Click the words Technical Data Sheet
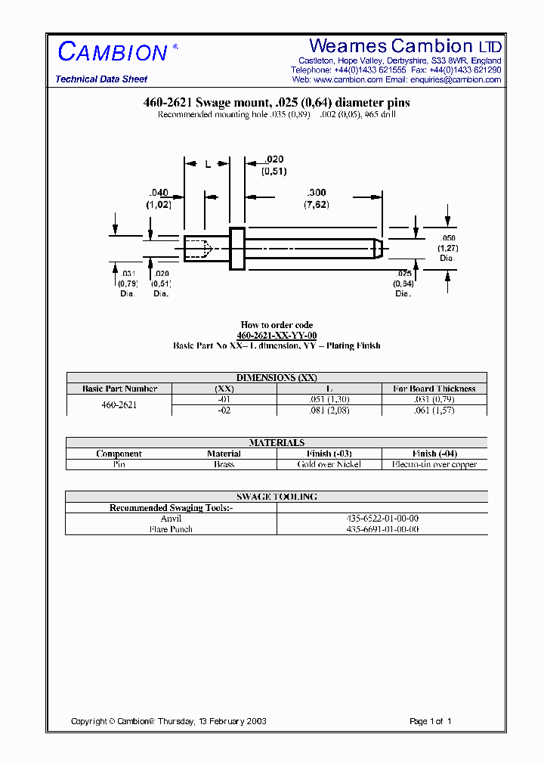(x=101, y=79)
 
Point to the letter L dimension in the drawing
(x=208, y=164)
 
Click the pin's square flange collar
(x=237, y=248)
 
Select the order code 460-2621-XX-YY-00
(x=277, y=335)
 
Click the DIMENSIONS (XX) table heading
(x=277, y=378)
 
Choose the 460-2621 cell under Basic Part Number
(x=119, y=404)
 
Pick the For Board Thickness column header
(x=434, y=389)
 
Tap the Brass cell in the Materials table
(x=224, y=464)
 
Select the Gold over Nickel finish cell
(x=329, y=464)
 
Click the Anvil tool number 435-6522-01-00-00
(x=382, y=519)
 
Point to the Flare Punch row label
(x=171, y=529)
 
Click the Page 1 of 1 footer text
(x=430, y=721)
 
